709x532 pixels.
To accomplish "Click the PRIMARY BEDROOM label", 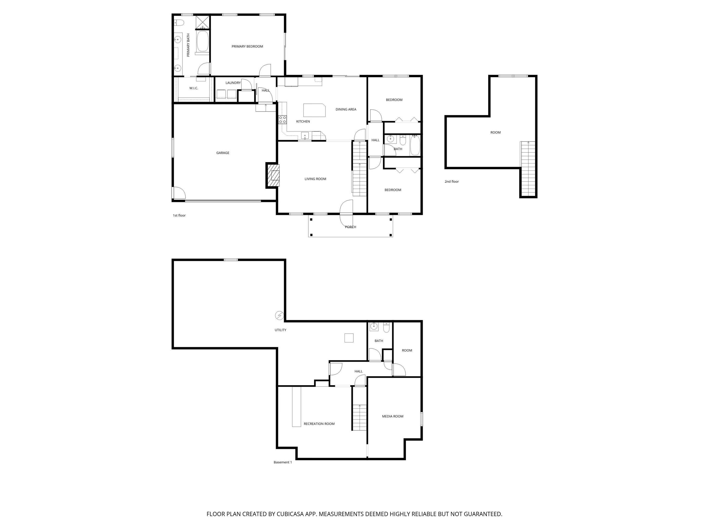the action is (x=247, y=46).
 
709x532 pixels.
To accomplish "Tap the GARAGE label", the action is (x=223, y=153).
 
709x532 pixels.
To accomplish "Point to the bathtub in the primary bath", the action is (x=203, y=41).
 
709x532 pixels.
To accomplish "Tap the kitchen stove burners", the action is (x=282, y=120).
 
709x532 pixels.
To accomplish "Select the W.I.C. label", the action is (x=194, y=88).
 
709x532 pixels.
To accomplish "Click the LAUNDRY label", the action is (x=233, y=83).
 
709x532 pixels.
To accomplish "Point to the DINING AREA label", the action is (x=346, y=109).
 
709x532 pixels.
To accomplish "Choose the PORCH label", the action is (x=350, y=227).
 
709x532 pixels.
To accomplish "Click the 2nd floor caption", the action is (x=452, y=181).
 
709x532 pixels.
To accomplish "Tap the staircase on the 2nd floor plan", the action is (x=528, y=169).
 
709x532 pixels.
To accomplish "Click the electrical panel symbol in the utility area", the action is (x=279, y=316).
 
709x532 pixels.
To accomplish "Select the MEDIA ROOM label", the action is (x=393, y=416).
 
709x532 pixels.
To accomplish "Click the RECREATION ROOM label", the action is (x=319, y=424).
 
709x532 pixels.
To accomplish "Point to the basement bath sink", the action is (x=374, y=327).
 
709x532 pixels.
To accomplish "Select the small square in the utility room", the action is (x=349, y=338).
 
